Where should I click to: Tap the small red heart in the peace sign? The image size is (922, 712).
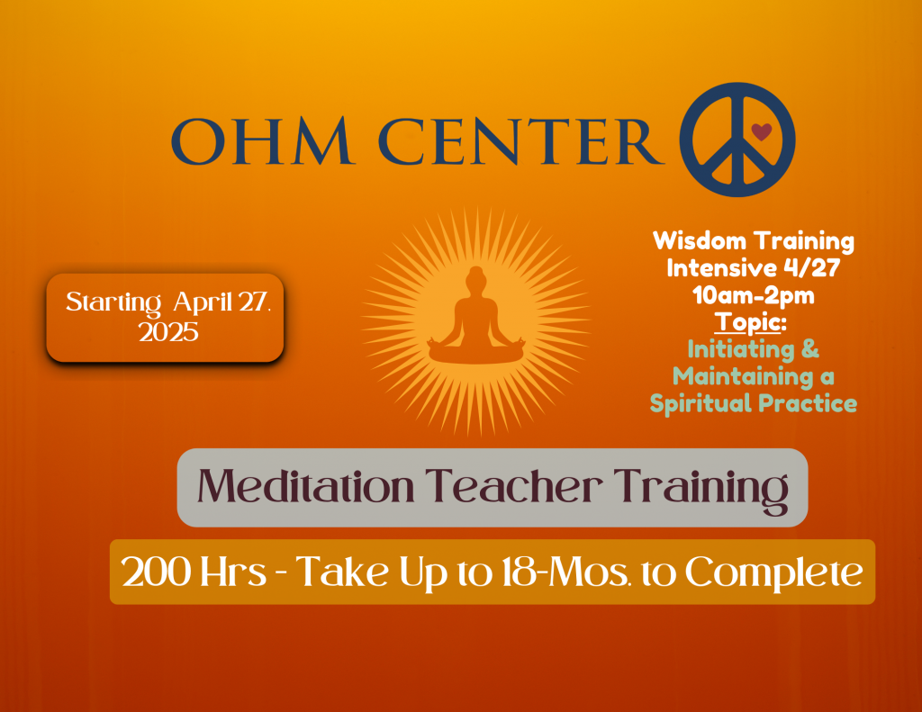click(762, 132)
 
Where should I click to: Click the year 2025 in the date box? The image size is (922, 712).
click(168, 332)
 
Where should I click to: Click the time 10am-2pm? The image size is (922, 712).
click(753, 295)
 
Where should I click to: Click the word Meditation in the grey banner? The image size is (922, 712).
click(306, 488)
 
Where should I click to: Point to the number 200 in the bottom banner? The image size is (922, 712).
click(154, 572)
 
